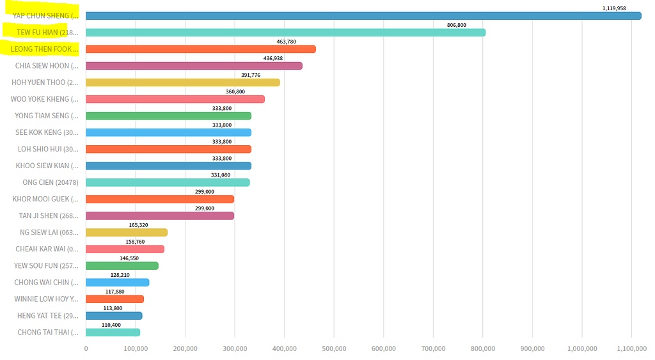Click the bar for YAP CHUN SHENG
(363, 16)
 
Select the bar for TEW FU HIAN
(285, 33)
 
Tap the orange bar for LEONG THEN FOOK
(200, 49)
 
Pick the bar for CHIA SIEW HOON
(194, 66)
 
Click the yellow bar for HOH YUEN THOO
(182, 82)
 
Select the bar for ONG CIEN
(168, 182)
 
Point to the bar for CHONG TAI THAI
(113, 332)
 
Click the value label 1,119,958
(614, 8)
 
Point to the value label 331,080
(221, 175)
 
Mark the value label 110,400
(111, 324)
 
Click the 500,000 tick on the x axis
(334, 348)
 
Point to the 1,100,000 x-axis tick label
(631, 348)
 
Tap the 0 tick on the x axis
(86, 348)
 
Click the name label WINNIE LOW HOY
(47, 299)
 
